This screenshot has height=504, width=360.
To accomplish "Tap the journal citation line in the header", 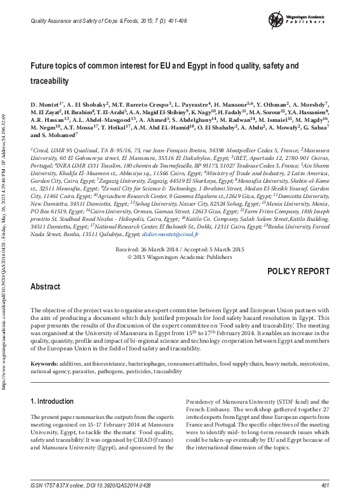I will tap(95, 22).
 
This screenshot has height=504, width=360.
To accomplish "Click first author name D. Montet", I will tap(46, 103).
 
